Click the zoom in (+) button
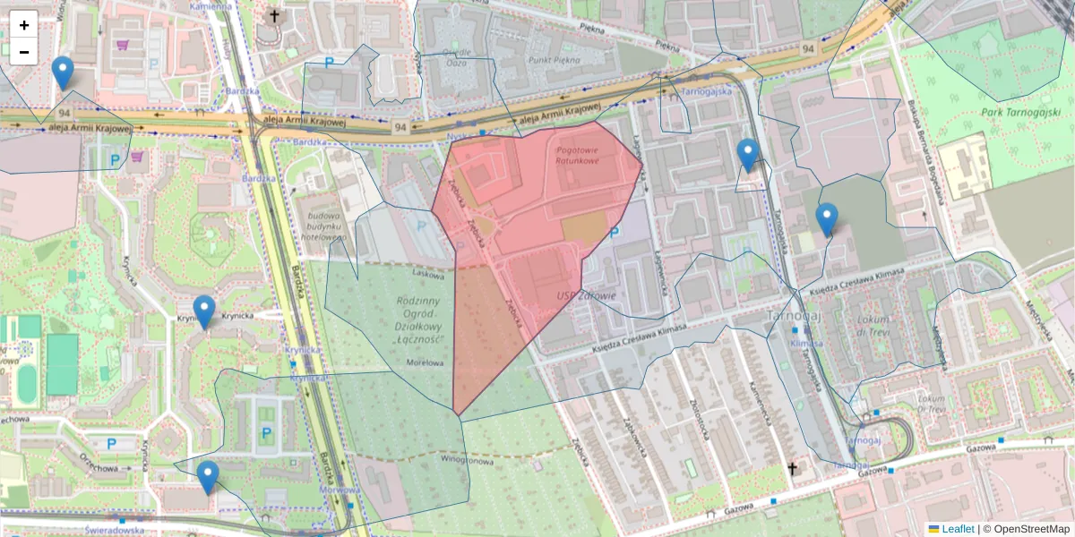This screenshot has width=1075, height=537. click(24, 25)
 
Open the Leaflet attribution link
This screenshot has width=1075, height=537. click(957, 529)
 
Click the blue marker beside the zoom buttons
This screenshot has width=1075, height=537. click(63, 72)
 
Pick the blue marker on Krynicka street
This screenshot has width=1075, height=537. click(204, 311)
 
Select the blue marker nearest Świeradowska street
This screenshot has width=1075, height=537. click(208, 477)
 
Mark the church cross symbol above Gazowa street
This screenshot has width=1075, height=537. click(792, 467)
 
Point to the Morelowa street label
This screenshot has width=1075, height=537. click(426, 362)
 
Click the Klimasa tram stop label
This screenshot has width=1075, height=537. click(807, 343)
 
